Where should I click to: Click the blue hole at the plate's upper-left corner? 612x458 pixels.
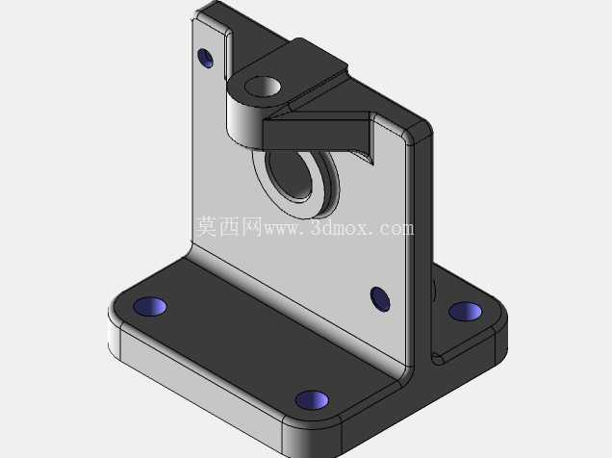pyautogui.click(x=205, y=58)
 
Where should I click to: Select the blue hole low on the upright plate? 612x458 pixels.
pyautogui.click(x=380, y=299)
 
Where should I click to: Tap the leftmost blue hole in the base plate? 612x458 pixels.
pyautogui.click(x=150, y=306)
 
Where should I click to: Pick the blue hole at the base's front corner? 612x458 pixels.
pyautogui.click(x=312, y=400)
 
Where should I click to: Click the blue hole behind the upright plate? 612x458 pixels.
pyautogui.click(x=465, y=312)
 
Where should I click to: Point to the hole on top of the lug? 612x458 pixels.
pyautogui.click(x=263, y=87)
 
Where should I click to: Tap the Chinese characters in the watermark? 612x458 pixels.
pyautogui.click(x=228, y=226)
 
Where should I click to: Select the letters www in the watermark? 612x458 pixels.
pyautogui.click(x=282, y=229)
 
